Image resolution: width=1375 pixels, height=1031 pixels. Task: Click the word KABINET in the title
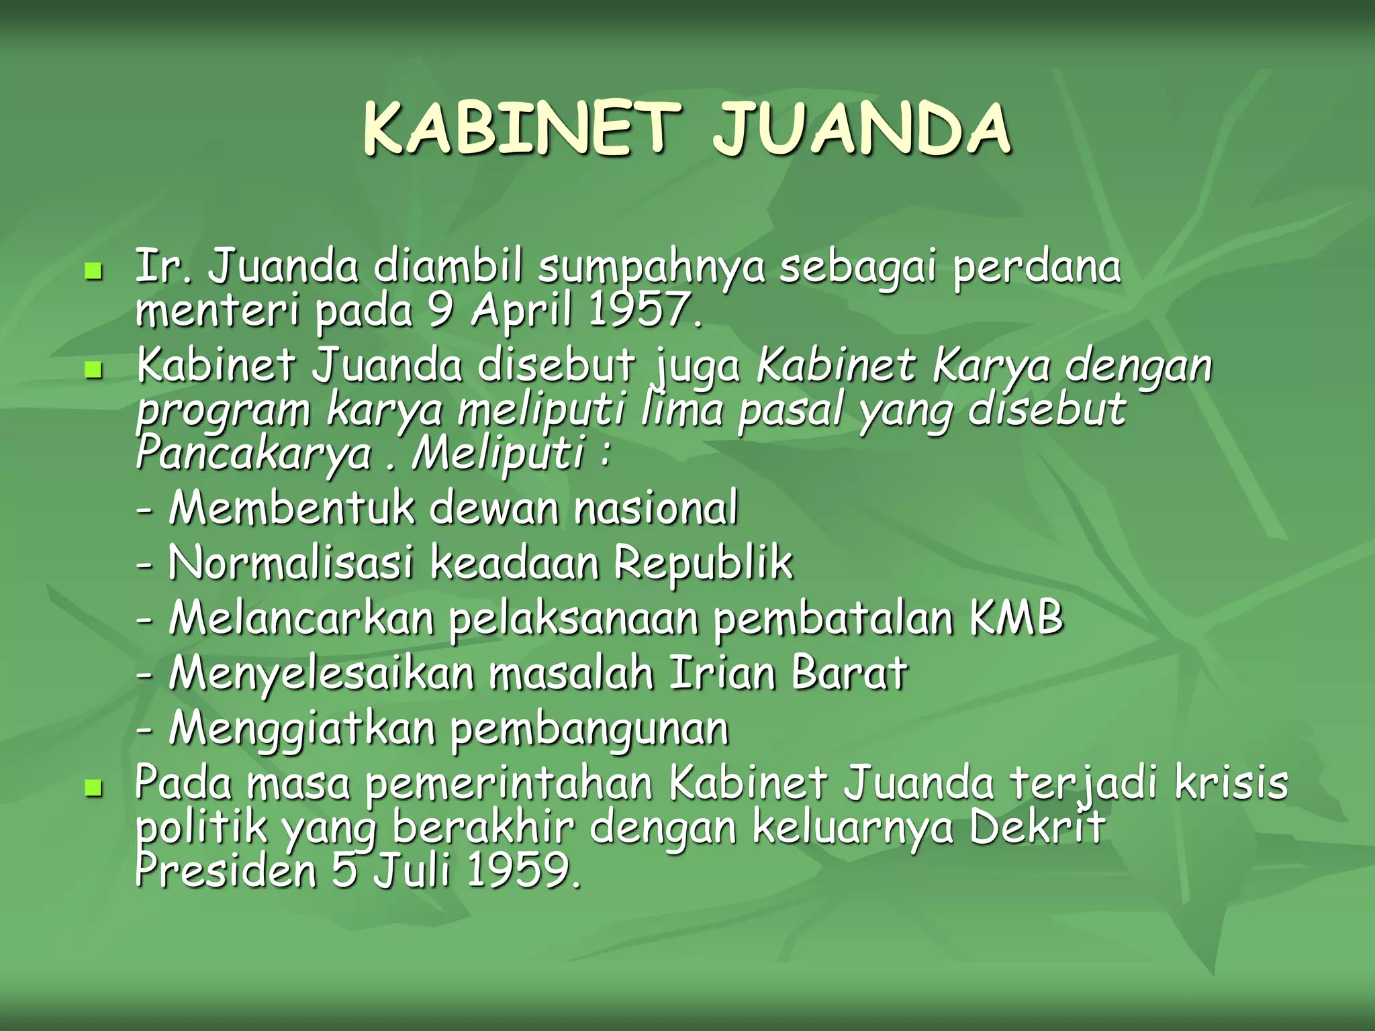(517, 129)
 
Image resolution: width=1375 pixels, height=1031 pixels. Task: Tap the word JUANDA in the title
(861, 129)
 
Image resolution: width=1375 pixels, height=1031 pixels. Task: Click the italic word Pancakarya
(252, 454)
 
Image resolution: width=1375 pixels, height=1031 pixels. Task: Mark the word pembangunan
(589, 729)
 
